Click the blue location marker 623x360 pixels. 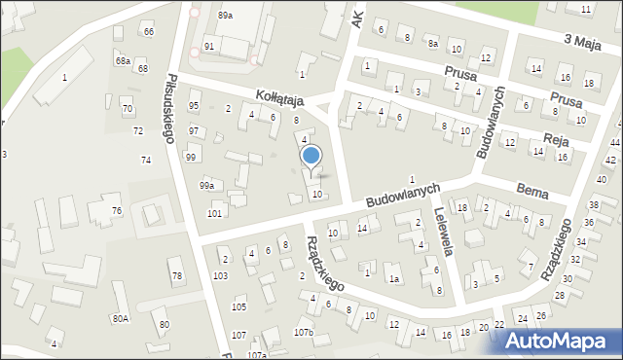(311, 156)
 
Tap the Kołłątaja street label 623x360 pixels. (280, 99)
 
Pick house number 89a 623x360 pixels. (226, 16)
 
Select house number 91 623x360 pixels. (209, 47)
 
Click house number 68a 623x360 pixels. (123, 60)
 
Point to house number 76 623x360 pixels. (116, 211)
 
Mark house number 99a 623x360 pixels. (206, 185)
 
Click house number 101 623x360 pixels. (214, 212)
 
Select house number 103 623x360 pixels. (221, 276)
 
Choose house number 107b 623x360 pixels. (305, 333)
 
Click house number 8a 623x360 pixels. (432, 43)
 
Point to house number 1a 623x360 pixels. (394, 279)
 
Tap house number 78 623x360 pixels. (176, 276)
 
